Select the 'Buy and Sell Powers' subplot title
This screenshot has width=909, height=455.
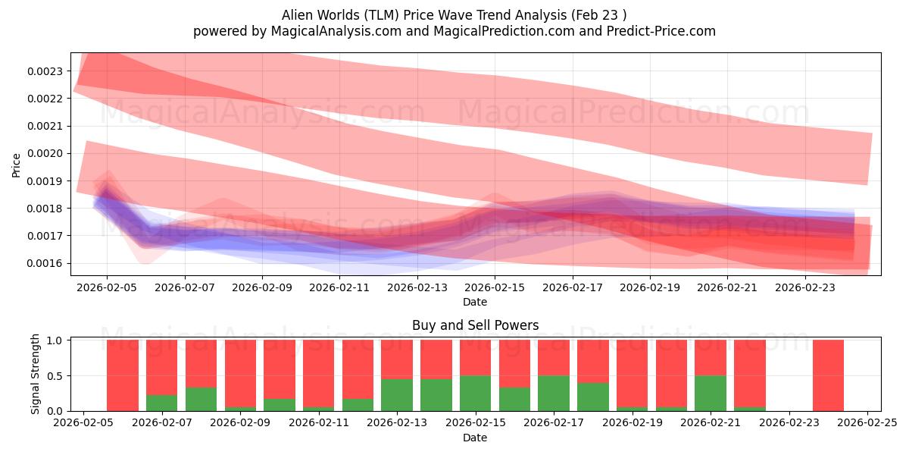(475, 325)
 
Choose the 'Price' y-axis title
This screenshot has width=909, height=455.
(17, 165)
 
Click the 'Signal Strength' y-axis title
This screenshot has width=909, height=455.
(36, 374)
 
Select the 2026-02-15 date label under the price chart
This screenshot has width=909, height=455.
(495, 288)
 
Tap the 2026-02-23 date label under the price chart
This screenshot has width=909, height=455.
(805, 288)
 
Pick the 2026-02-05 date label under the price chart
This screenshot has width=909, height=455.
(107, 288)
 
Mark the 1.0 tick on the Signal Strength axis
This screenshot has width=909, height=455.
(55, 340)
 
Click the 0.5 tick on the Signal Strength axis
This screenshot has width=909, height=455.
(55, 376)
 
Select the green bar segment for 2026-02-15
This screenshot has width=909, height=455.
(475, 393)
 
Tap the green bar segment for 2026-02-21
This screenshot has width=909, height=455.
(711, 393)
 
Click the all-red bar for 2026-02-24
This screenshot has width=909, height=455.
(828, 375)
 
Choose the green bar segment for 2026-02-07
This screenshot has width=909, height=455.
(161, 403)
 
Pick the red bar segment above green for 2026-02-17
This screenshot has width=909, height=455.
(553, 357)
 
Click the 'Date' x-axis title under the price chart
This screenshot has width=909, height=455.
(475, 302)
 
